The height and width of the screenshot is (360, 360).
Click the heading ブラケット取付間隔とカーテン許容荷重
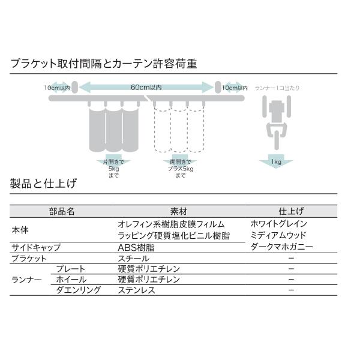coord(103,63)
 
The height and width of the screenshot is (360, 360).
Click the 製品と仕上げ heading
coord(43,184)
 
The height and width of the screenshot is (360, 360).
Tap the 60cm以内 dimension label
coord(146,88)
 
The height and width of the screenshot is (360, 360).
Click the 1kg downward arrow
coord(276,161)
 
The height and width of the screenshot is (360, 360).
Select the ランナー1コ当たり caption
coord(277,88)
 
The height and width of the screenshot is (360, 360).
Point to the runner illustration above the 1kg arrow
coord(276,121)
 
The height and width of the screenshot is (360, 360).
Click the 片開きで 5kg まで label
coord(114,168)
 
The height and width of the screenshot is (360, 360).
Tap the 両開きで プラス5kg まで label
coord(180,168)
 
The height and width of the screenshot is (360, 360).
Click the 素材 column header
coord(179,212)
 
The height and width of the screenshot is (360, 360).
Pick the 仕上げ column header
coord(292,212)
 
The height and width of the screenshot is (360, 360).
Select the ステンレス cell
coord(137,290)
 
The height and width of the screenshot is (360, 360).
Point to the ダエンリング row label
coord(78,290)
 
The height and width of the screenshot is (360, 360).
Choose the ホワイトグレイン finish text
coord(279,224)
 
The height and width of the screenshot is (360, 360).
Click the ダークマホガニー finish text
coord(280,247)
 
